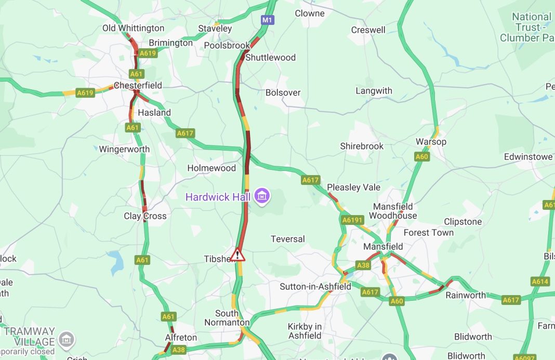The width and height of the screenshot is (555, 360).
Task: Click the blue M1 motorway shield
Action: pos(267,20)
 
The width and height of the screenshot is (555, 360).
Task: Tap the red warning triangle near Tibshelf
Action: pos(237,255)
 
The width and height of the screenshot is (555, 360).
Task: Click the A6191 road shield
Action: pos(352,220)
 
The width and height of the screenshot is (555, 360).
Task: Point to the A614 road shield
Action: pos(540,282)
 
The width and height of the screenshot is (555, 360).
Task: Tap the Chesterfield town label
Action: pos(138,85)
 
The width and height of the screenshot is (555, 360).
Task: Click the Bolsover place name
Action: pos(283,92)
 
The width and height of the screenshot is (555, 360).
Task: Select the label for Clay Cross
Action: pos(145,216)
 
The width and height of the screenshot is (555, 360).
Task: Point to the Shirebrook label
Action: pos(362,146)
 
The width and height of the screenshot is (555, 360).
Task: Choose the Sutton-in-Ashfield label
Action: pos(315,286)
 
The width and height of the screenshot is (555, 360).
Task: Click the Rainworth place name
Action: pos(466,295)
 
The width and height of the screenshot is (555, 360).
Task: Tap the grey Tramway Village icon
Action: pos(66,340)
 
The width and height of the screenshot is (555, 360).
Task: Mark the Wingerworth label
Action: pos(124,149)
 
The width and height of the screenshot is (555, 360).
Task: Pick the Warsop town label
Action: pos(431,142)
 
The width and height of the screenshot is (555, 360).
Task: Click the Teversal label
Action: pos(288,239)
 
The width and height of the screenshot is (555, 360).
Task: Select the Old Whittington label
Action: pos(133,28)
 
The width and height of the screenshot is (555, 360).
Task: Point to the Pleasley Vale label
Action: pos(353,187)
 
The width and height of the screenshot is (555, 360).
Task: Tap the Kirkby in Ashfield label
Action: pos(305,331)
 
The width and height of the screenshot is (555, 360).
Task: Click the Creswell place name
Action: pos(368,30)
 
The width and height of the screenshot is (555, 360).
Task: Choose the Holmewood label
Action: pos(212,168)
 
